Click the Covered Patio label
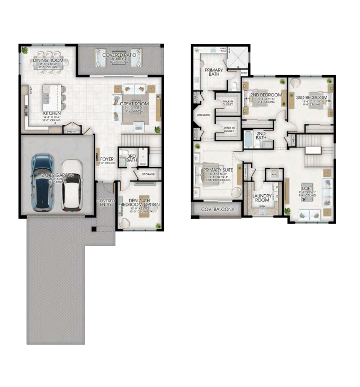pyautogui.click(x=119, y=55)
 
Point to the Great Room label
pyautogui.click(x=134, y=103)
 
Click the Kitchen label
pyautogui.click(x=52, y=113)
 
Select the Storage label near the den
pyautogui.click(x=148, y=174)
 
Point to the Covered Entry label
pyautogui.click(x=106, y=203)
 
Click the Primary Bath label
pyautogui.click(x=214, y=72)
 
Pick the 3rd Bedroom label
pyautogui.click(x=311, y=97)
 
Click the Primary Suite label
pyautogui.click(x=218, y=170)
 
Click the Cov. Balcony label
pyautogui.click(x=217, y=209)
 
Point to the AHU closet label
pyautogui.click(x=274, y=174)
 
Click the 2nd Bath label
pyautogui.click(x=261, y=135)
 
